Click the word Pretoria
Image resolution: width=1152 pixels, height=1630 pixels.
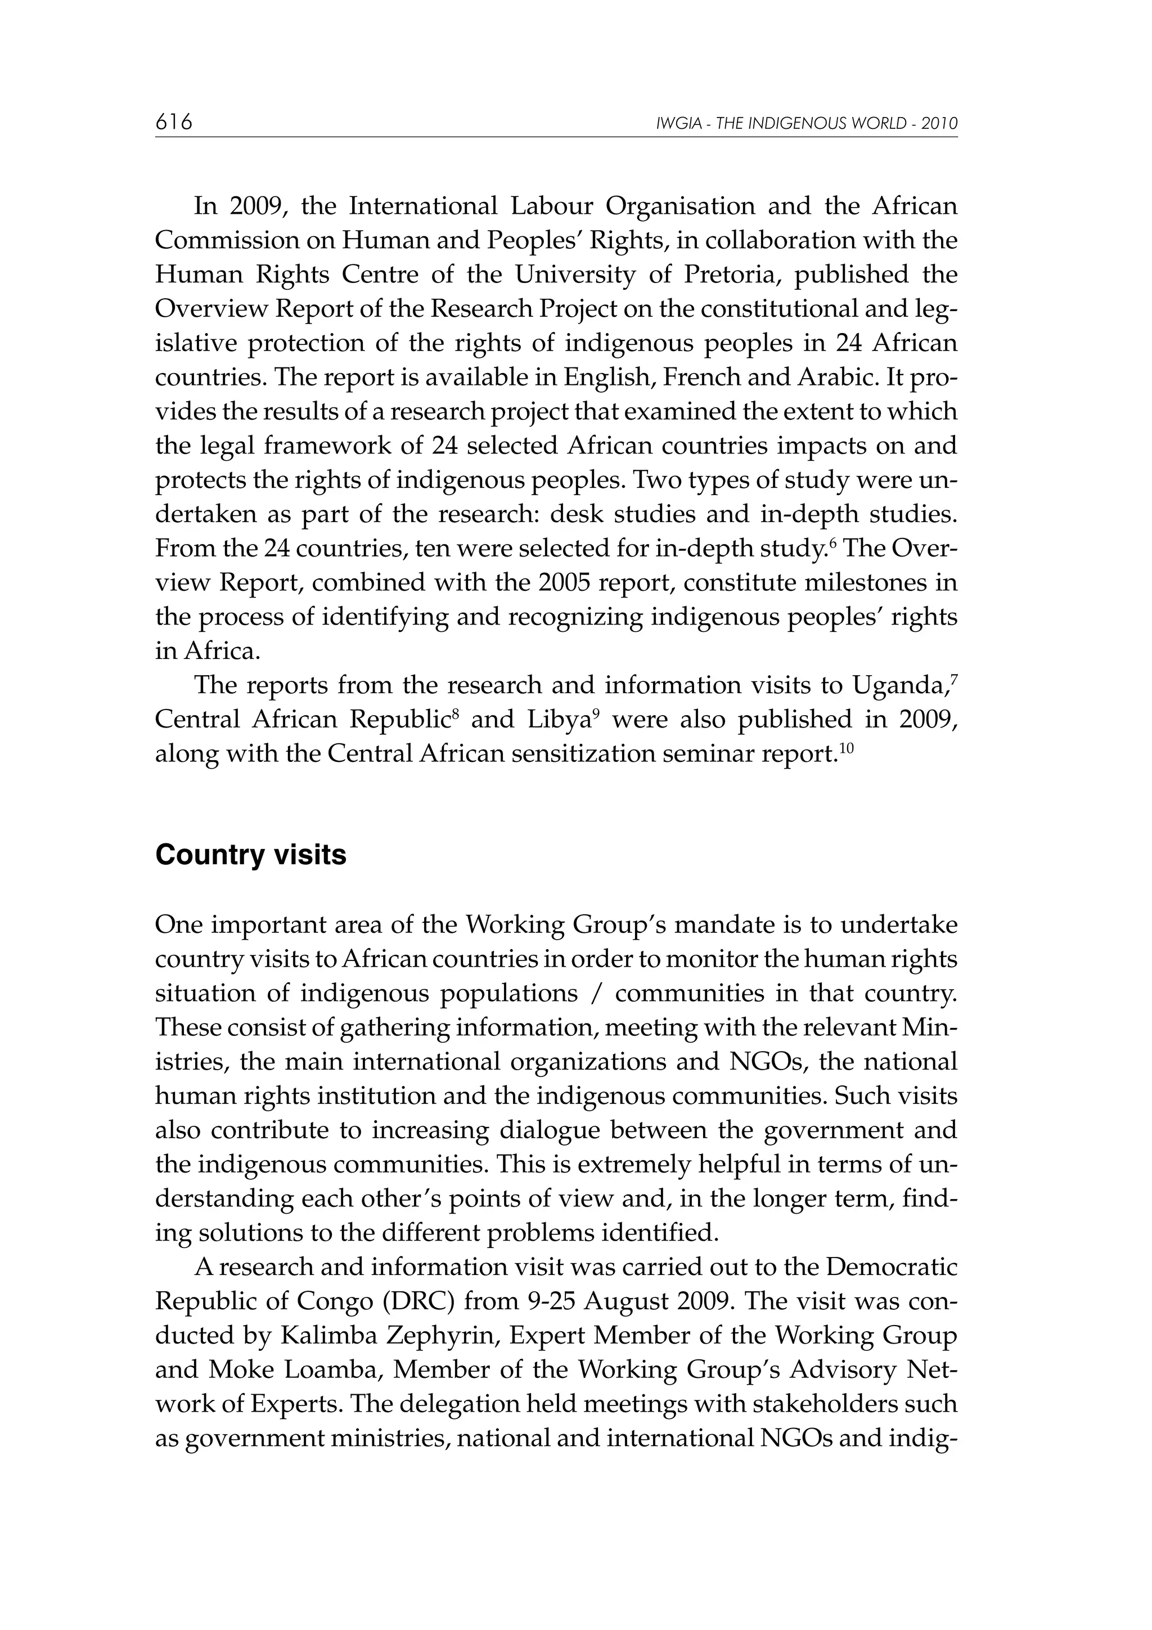click(726, 275)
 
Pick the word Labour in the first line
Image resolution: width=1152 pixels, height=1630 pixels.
click(551, 206)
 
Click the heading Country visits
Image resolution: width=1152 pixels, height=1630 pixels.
click(250, 855)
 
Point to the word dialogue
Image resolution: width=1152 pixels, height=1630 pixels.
click(555, 1130)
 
